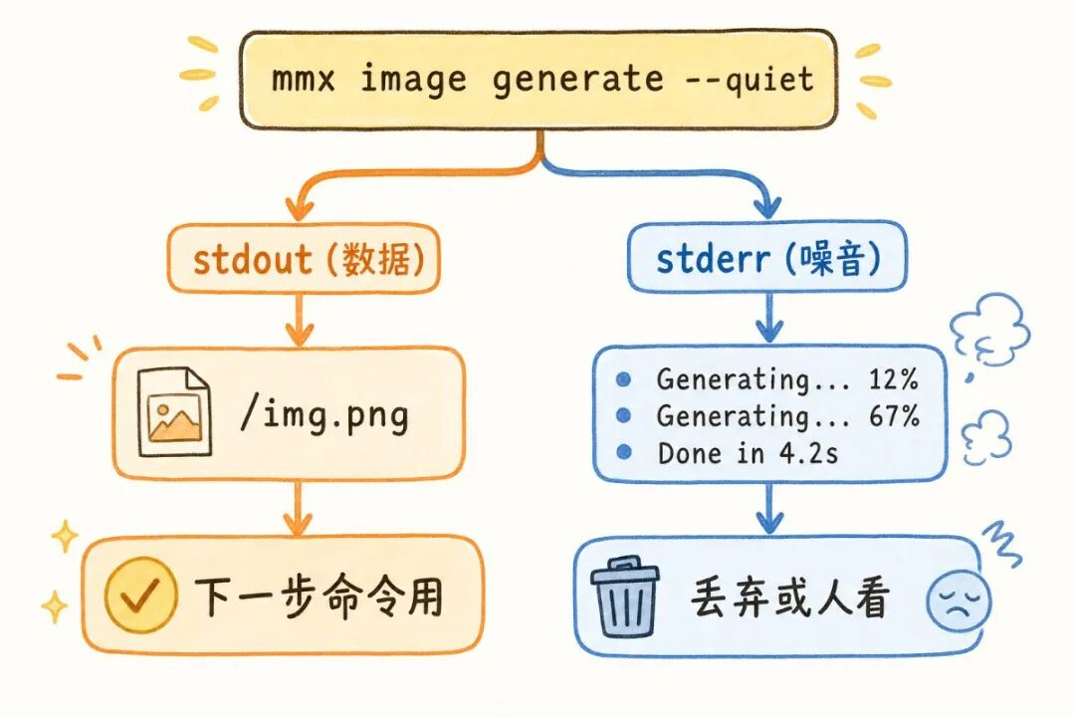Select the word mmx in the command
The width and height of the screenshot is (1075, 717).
tap(305, 79)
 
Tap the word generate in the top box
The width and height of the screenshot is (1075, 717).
tap(578, 80)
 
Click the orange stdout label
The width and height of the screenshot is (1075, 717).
tap(253, 260)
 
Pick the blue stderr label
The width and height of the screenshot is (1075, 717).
tap(713, 260)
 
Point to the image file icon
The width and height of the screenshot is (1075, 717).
tap(173, 412)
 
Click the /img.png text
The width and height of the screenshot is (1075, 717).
tap(323, 413)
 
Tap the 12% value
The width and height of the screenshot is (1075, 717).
tap(893, 379)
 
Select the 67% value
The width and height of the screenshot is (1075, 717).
tap(893, 416)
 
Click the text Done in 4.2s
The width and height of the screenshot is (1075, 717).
tap(748, 453)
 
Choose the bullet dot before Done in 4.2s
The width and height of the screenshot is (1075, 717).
tap(624, 453)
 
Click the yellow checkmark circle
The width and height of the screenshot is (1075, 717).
tap(138, 597)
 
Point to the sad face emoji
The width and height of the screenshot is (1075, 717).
tap(958, 601)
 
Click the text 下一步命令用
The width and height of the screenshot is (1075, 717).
tap(319, 597)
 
